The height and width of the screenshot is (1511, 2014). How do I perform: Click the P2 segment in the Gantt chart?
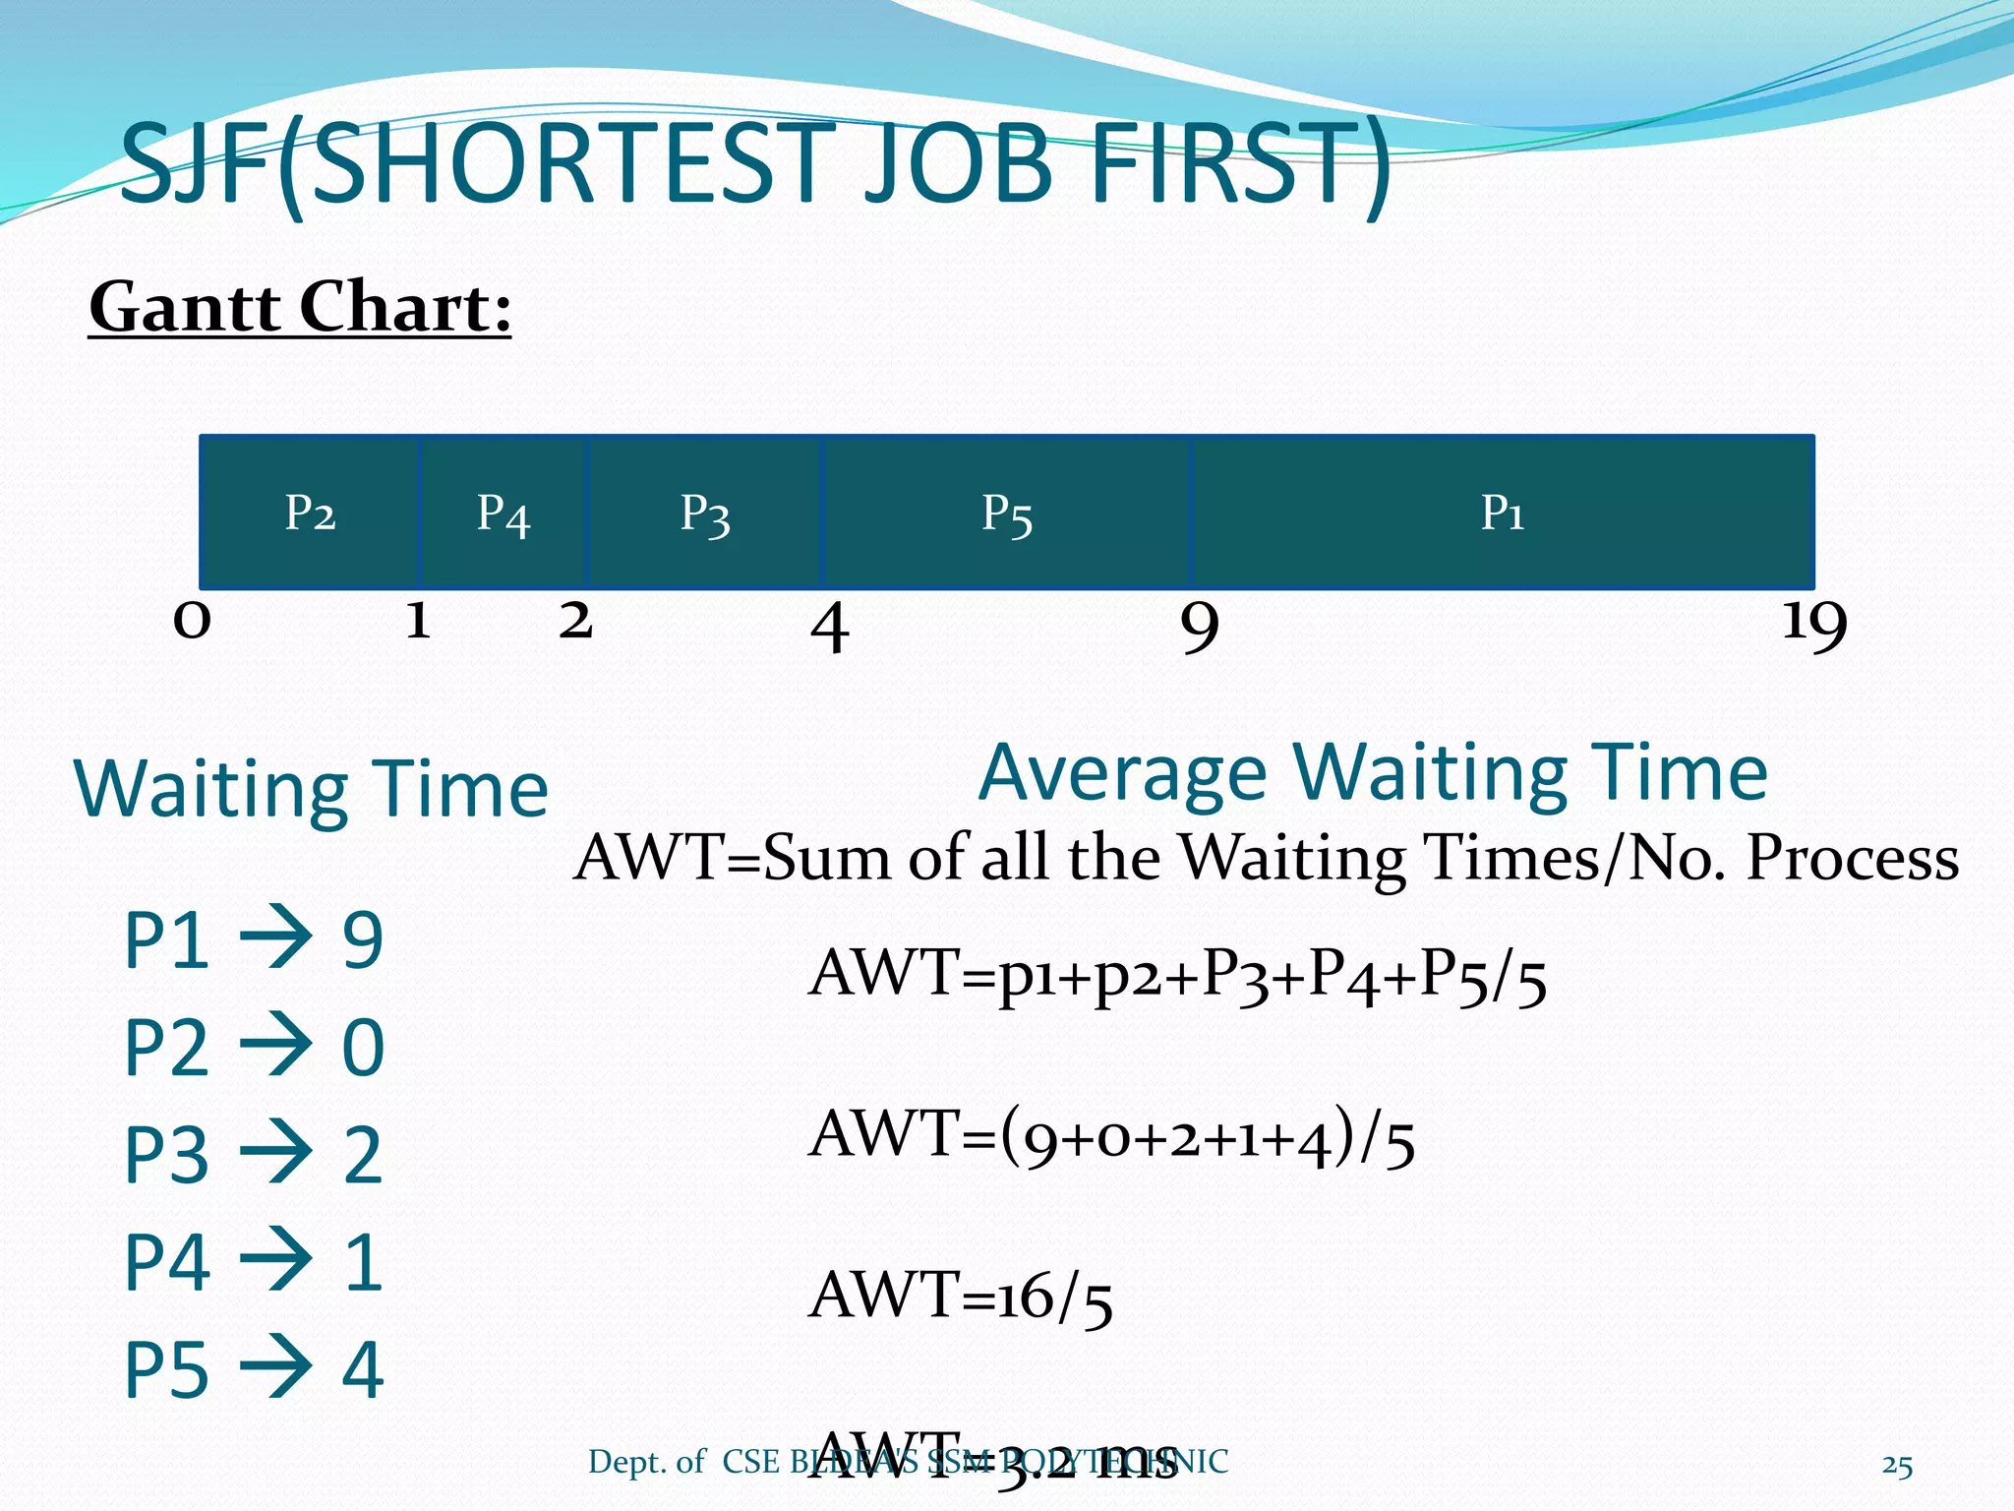pyautogui.click(x=310, y=513)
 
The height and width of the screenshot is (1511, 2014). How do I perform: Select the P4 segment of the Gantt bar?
pyautogui.click(x=503, y=513)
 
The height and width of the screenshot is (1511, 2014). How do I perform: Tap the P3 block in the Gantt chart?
pyautogui.click(x=705, y=513)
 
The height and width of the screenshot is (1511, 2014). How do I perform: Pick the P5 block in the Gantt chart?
pyautogui.click(x=1006, y=513)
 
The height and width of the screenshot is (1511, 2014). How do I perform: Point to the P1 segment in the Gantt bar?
pyautogui.click(x=1503, y=513)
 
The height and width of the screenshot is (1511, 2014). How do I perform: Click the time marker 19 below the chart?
pyautogui.click(x=1814, y=624)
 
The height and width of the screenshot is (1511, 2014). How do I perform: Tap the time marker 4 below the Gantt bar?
pyautogui.click(x=829, y=627)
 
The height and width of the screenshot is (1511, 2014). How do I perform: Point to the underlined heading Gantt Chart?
pyautogui.click(x=300, y=307)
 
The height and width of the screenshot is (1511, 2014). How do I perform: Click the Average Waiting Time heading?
pyautogui.click(x=1373, y=773)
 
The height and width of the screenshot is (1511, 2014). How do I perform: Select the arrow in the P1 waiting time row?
pyautogui.click(x=276, y=939)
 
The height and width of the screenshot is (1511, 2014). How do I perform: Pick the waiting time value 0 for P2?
pyautogui.click(x=362, y=1048)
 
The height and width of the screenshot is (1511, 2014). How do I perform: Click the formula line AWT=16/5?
pyautogui.click(x=961, y=1296)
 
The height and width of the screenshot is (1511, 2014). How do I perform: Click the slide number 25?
pyautogui.click(x=1897, y=1466)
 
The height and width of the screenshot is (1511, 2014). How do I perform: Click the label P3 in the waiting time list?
pyautogui.click(x=166, y=1155)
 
